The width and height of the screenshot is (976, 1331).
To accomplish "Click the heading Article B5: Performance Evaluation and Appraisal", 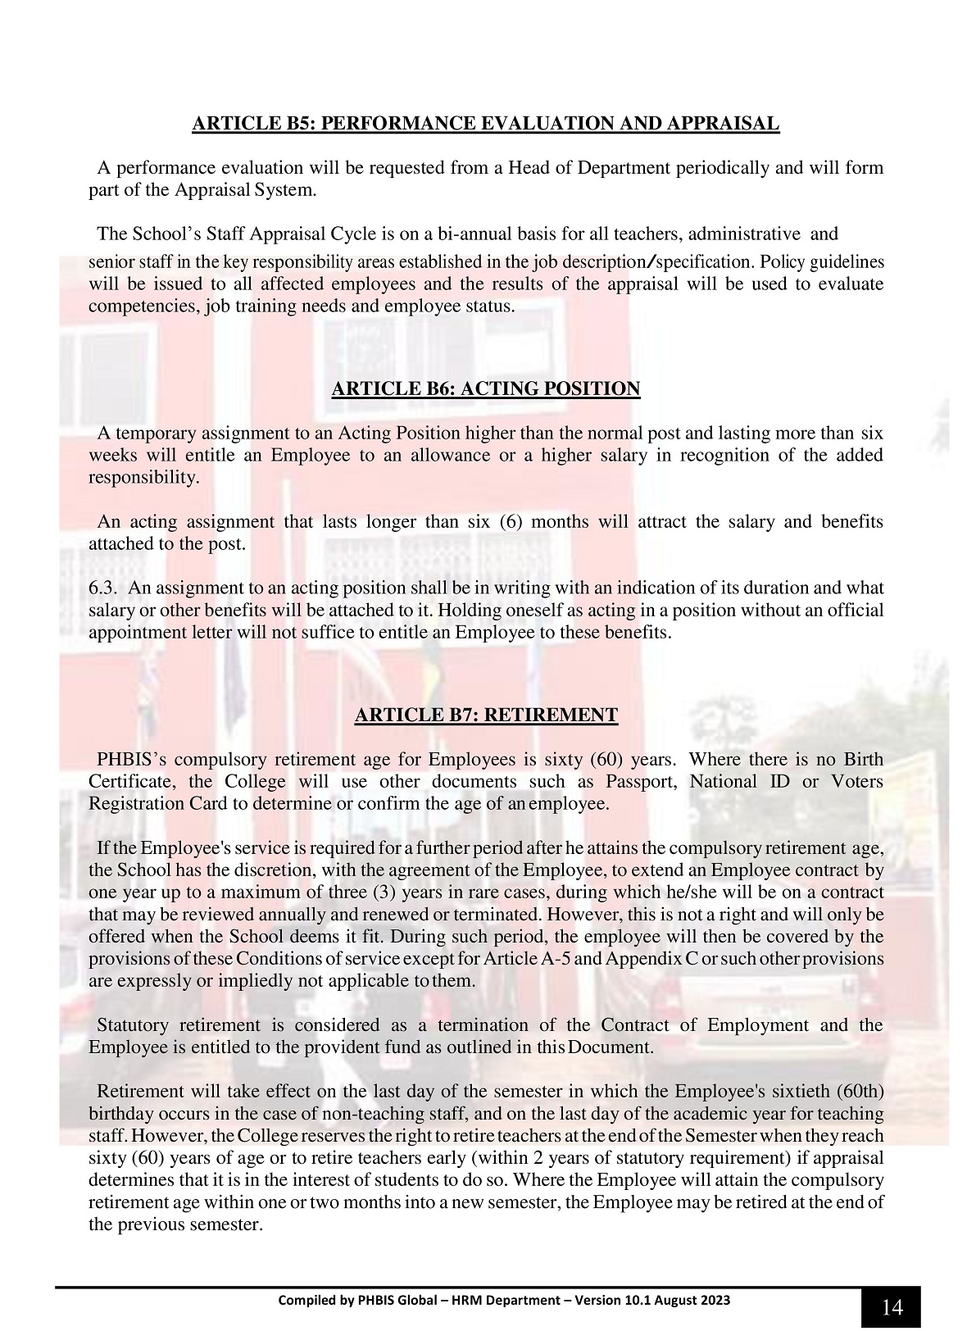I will (485, 124).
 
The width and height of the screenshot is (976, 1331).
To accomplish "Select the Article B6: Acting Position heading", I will (485, 388).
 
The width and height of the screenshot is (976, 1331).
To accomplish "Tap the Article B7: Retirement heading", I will (485, 715).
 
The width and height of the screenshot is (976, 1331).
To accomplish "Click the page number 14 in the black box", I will (892, 1307).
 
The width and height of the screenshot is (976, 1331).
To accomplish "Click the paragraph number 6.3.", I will (103, 588).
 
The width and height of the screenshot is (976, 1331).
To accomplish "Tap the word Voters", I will (856, 781).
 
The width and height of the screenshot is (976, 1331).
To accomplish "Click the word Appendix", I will (638, 958).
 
